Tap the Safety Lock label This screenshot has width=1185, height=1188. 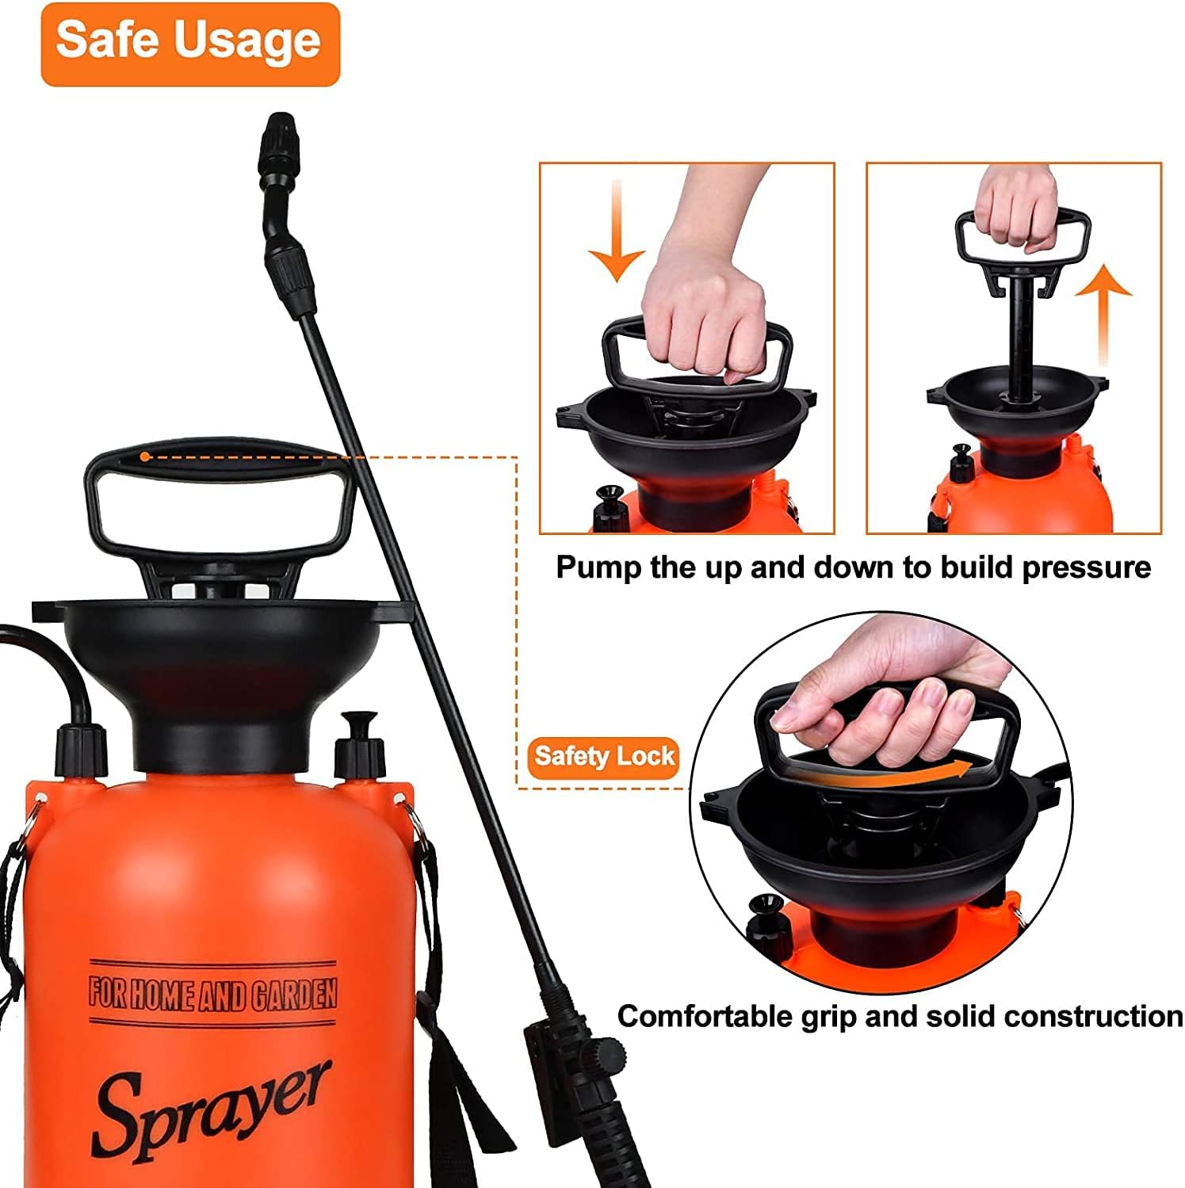604,757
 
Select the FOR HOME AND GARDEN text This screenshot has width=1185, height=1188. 212,994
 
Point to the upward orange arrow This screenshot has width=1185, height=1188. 1103,317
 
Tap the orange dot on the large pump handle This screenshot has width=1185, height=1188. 144,456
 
